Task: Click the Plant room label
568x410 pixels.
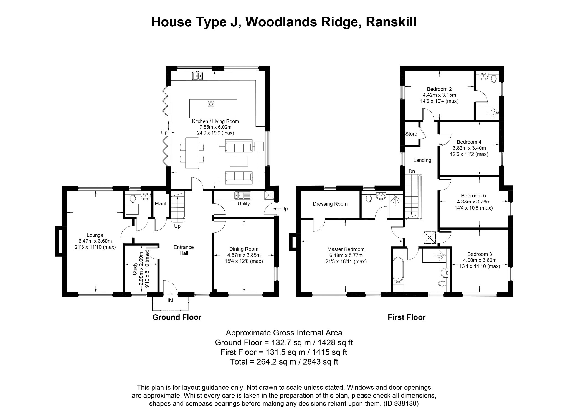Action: pos(161,204)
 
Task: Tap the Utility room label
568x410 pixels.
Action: pos(244,204)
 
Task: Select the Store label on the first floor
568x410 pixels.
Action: pos(411,134)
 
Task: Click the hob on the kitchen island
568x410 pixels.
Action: pos(211,104)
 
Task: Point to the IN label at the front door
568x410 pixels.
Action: pos(170,301)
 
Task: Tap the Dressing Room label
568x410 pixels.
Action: pos(330,204)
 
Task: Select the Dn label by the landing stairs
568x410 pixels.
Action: pos(412,172)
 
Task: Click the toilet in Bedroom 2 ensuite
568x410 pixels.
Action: pos(493,79)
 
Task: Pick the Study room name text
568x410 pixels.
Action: pos(135,269)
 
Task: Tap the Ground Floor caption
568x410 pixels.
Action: pos(177,317)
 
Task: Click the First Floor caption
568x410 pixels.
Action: pos(407,317)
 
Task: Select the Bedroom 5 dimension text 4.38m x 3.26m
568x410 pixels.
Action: pos(474,202)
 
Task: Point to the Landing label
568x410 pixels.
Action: pos(422,160)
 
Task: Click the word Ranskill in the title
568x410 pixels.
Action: pos(391,22)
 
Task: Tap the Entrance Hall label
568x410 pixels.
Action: pos(184,250)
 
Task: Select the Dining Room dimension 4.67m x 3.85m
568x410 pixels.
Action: pos(244,255)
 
